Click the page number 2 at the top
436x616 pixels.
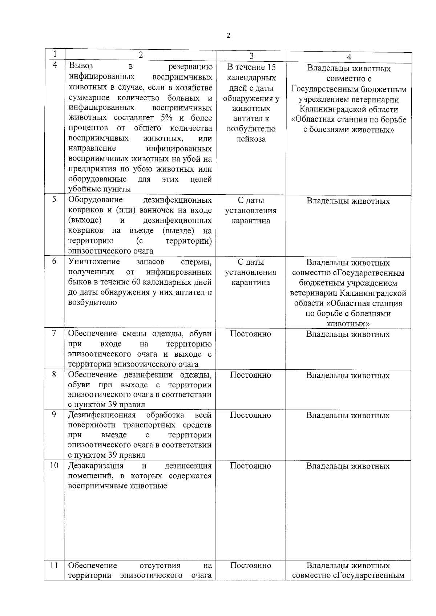(x=228, y=36)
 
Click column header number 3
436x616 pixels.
(x=251, y=56)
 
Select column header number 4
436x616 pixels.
(x=349, y=57)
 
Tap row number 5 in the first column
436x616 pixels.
(x=54, y=199)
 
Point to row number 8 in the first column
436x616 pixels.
(x=54, y=374)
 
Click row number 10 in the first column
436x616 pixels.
(x=54, y=465)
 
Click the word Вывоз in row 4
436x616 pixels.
(x=81, y=66)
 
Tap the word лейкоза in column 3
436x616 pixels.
(x=251, y=139)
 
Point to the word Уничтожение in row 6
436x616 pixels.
(x=94, y=262)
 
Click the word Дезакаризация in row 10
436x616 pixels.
(x=96, y=466)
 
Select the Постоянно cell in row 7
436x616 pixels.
(x=251, y=334)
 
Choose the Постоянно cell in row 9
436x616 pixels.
(x=251, y=415)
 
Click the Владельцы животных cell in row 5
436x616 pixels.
(x=348, y=201)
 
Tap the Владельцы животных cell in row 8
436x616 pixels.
(x=348, y=376)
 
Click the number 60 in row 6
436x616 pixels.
(x=151, y=282)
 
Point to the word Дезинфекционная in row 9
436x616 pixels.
(x=102, y=415)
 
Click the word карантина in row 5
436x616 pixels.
(x=251, y=221)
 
